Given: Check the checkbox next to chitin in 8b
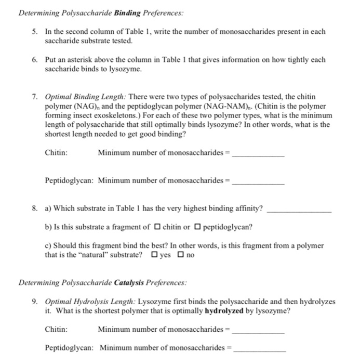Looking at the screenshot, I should click(157, 227).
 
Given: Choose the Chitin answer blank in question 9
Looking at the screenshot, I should click(258, 329).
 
